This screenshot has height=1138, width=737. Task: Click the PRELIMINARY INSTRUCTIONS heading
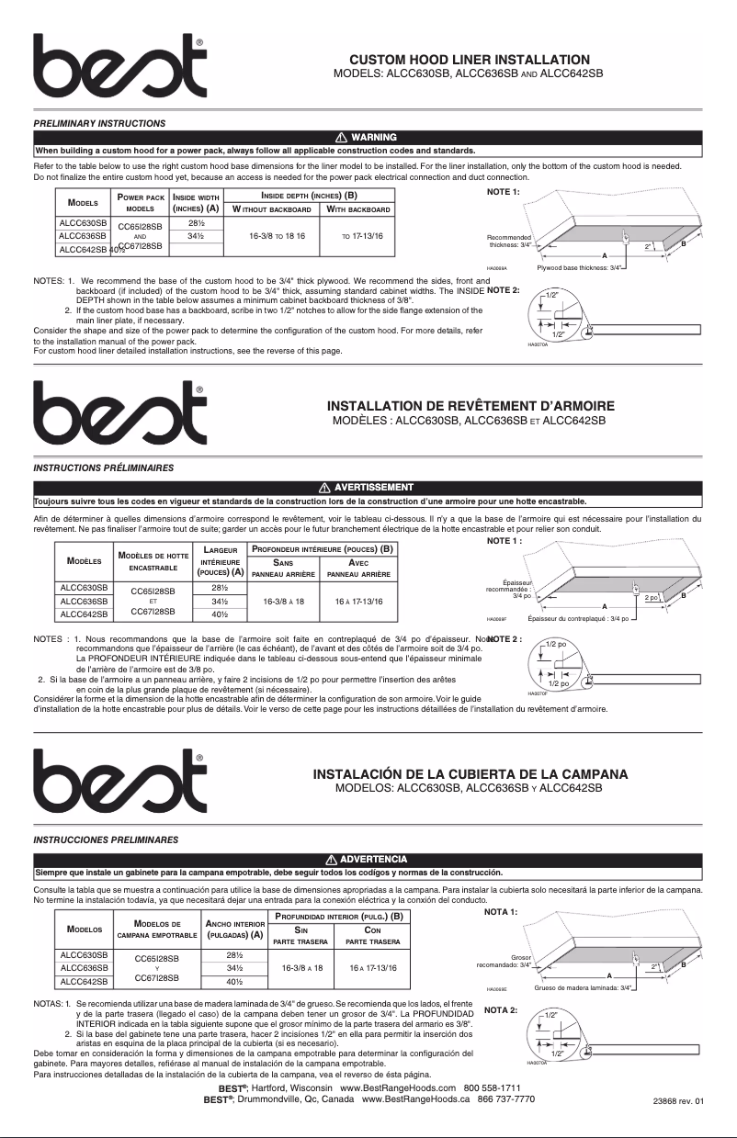[x=99, y=122]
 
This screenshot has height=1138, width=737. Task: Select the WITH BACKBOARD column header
[x=357, y=210]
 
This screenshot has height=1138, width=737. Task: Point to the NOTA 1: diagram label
[x=501, y=912]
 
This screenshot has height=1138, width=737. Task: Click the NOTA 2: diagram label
[x=501, y=1010]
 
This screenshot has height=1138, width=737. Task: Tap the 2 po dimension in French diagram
[x=679, y=598]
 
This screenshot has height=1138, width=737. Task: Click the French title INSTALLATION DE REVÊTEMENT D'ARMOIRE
[x=471, y=406]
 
